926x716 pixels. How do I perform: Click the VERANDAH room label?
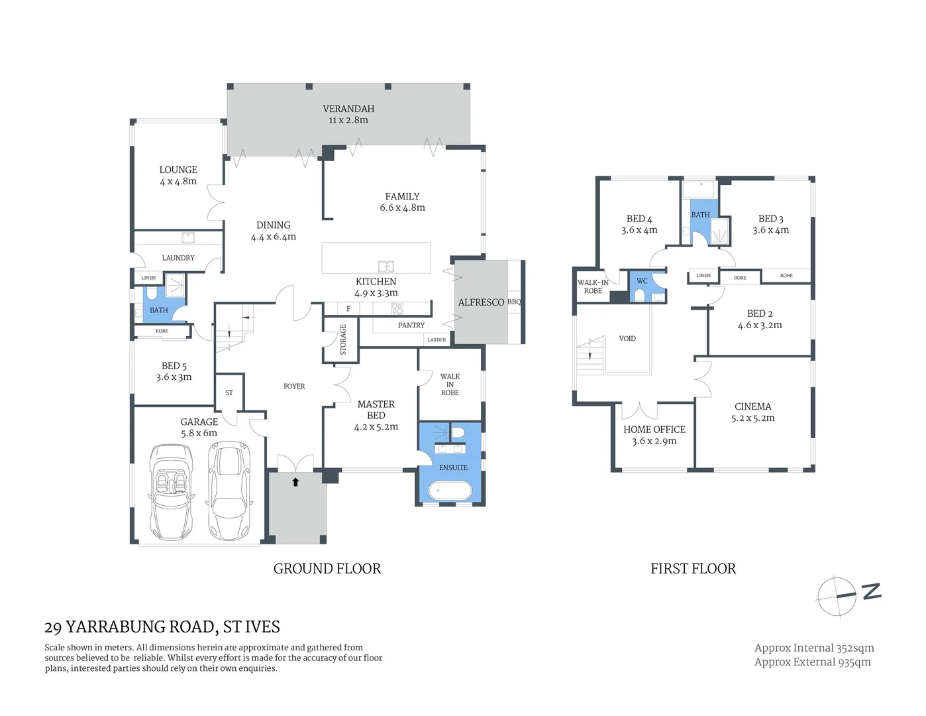(x=348, y=109)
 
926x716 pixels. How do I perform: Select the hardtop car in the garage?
(x=229, y=491)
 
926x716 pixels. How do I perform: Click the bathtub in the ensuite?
(x=450, y=491)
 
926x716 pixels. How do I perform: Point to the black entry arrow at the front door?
(x=295, y=482)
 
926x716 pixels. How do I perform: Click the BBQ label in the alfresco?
(x=515, y=302)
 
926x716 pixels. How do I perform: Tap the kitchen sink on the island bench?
(x=386, y=267)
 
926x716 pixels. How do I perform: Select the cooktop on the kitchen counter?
(x=397, y=308)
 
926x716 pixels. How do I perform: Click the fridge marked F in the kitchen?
(x=348, y=309)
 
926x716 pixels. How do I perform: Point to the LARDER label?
(x=437, y=339)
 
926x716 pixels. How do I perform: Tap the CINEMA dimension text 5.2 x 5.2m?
(x=752, y=418)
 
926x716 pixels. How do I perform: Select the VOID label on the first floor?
(x=627, y=339)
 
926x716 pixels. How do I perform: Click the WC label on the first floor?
(x=642, y=281)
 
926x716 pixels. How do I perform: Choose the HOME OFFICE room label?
(x=654, y=430)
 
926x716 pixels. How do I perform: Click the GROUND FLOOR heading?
(x=327, y=569)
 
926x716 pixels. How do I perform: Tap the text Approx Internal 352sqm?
(x=814, y=648)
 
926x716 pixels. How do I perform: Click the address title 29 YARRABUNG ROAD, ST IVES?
(x=162, y=626)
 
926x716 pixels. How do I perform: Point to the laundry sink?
(x=188, y=238)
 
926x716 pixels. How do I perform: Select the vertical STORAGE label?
(x=343, y=339)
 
